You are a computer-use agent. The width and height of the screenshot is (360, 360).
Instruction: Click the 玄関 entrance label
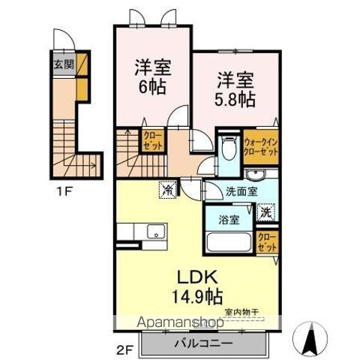(64, 63)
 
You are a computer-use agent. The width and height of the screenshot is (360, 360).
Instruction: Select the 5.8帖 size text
(236, 96)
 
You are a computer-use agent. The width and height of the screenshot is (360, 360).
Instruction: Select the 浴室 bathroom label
(229, 221)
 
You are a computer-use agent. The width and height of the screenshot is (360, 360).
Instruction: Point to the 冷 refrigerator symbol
(166, 190)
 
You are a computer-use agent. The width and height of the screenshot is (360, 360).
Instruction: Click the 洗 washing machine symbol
(266, 213)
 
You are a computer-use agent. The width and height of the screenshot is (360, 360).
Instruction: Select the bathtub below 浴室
(229, 244)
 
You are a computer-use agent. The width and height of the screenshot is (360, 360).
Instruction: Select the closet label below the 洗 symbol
(266, 241)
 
